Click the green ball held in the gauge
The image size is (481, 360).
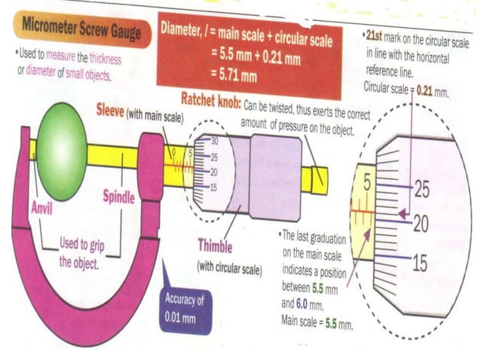pyautogui.click(x=62, y=151)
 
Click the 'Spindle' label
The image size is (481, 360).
pyautogui.click(x=118, y=197)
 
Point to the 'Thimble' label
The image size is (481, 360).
pyautogui.click(x=215, y=246)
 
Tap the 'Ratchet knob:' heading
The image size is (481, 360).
pyautogui.click(x=210, y=99)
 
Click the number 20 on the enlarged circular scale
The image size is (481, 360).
pyautogui.click(x=421, y=224)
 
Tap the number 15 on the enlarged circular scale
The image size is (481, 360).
pyautogui.click(x=421, y=262)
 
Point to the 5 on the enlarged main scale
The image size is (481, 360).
pyautogui.click(x=367, y=182)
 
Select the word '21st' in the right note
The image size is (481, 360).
pyautogui.click(x=376, y=36)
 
